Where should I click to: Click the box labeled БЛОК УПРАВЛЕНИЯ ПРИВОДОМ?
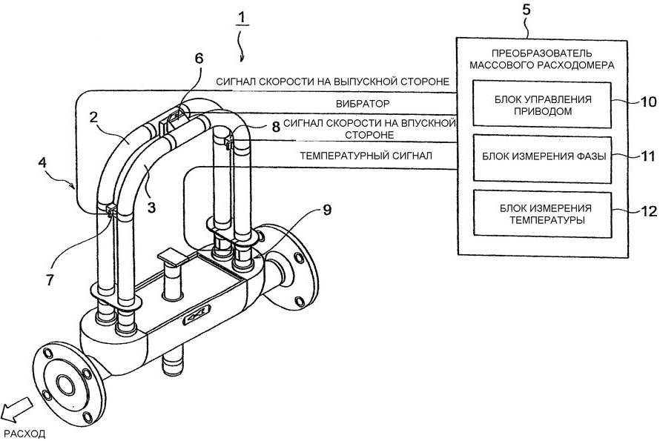click(542, 105)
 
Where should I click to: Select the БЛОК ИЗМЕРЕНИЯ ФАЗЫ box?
click(542, 159)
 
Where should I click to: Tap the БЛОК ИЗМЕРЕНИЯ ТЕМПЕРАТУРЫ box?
click(542, 213)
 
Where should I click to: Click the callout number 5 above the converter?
click(527, 10)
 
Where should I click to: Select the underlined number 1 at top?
click(242, 18)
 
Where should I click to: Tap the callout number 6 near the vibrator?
click(199, 59)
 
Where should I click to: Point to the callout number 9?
click(327, 209)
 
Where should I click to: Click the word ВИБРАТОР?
click(363, 104)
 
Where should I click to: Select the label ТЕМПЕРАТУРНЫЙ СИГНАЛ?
click(366, 156)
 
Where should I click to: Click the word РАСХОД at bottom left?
click(24, 434)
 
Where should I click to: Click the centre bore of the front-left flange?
click(65, 384)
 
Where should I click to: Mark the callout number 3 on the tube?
click(151, 207)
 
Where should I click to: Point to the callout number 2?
click(93, 117)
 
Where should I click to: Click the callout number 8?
click(276, 127)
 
